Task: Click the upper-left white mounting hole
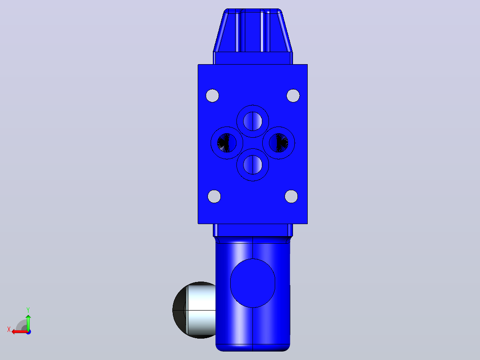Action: (212, 96)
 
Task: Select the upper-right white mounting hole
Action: (293, 96)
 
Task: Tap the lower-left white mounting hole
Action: (214, 196)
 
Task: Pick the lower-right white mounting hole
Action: (291, 196)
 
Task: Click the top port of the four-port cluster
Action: (253, 121)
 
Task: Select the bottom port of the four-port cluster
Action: (253, 165)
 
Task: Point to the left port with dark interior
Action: (227, 143)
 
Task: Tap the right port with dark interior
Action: (279, 143)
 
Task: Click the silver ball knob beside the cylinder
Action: (194, 310)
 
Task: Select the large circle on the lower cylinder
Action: (253, 283)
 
